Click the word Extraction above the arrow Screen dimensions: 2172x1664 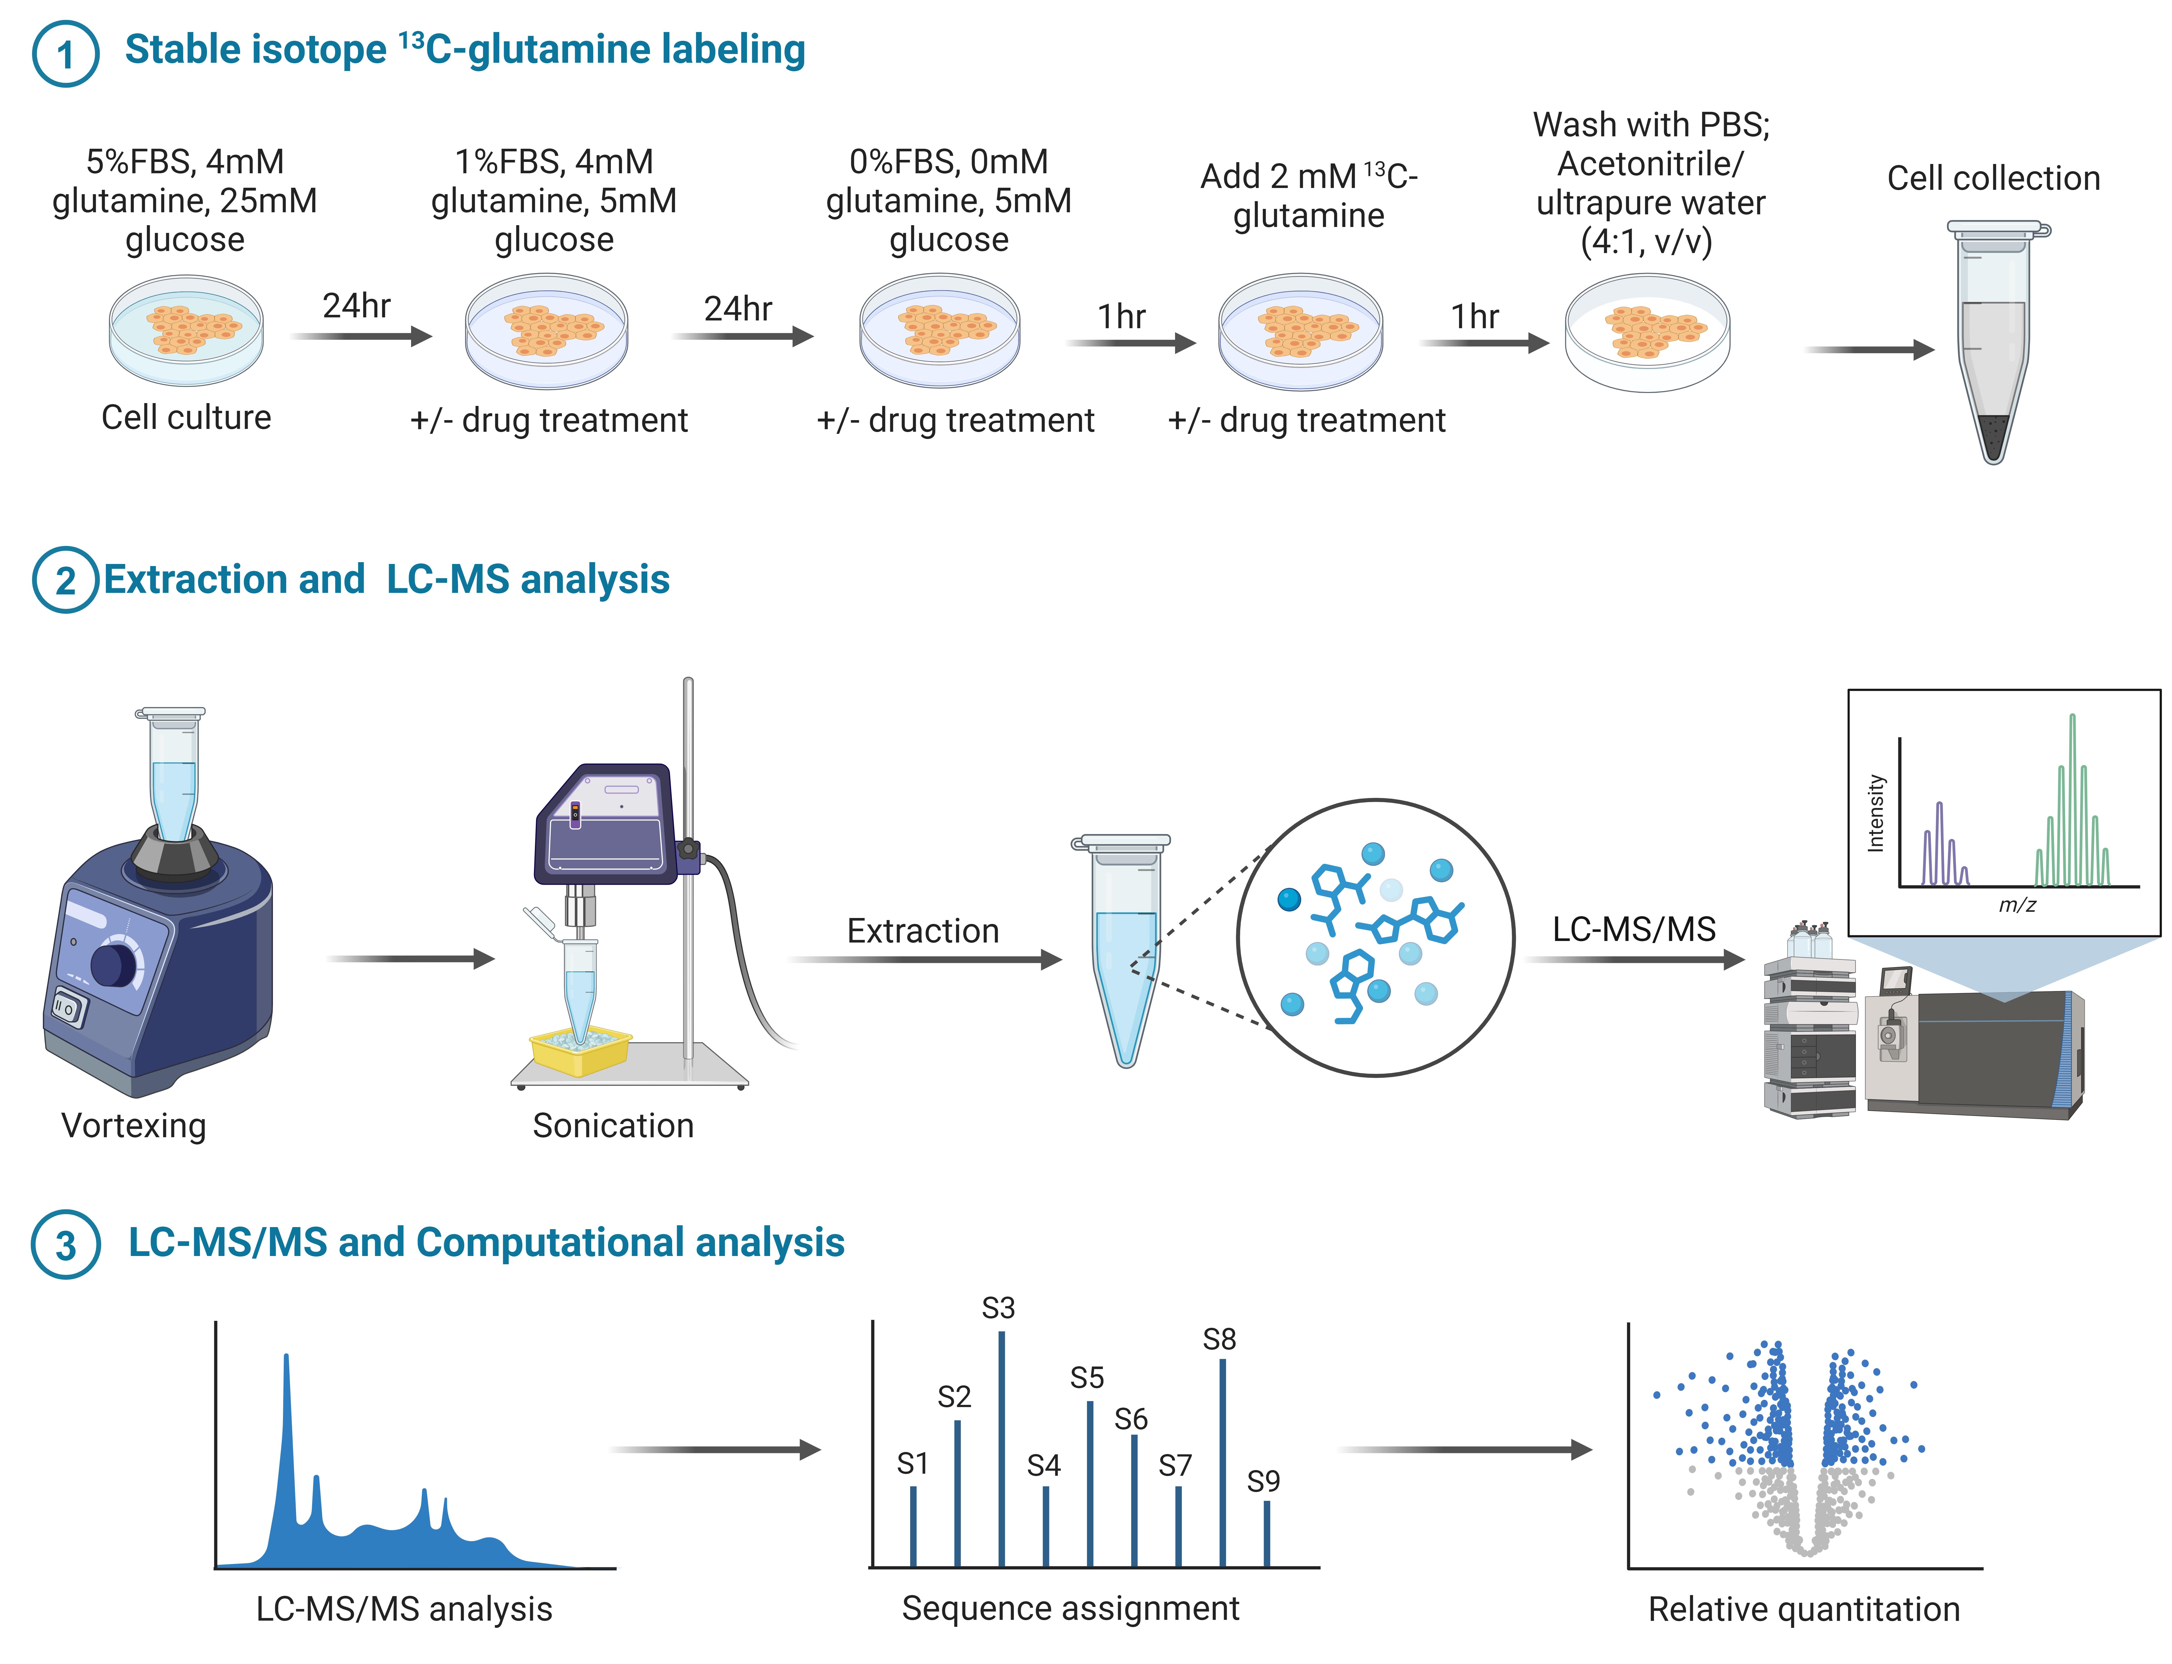(923, 931)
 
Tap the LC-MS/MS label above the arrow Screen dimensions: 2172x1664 (1634, 929)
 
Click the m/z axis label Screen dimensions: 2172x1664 (2018, 904)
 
